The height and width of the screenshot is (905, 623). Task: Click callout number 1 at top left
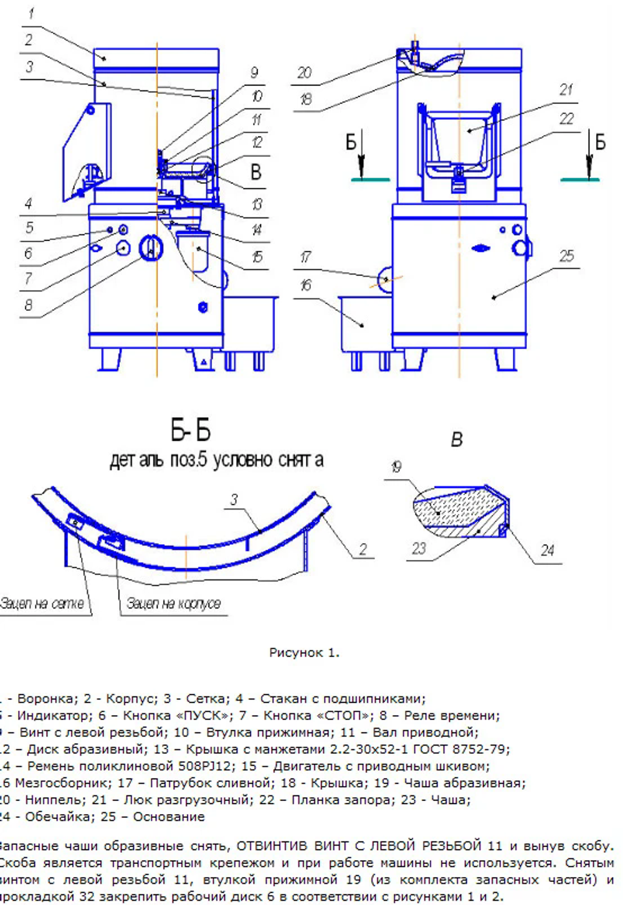pos(31,13)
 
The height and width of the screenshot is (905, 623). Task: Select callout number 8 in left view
pos(29,305)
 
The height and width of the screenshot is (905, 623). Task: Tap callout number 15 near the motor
pos(257,257)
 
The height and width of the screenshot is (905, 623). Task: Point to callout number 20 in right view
pos(304,73)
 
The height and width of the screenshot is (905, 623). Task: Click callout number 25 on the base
pos(566,255)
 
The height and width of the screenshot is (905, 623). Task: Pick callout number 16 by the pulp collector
pos(305,285)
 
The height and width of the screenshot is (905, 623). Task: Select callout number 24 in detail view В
pos(547,550)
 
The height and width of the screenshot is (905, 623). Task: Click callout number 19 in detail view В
pos(396,467)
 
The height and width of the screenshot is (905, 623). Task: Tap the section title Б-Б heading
pos(191,430)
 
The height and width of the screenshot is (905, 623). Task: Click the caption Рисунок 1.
pos(304,653)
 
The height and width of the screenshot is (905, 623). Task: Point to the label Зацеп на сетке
pos(42,604)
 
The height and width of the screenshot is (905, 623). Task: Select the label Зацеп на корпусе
pos(174,604)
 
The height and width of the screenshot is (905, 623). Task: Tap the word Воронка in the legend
pos(43,699)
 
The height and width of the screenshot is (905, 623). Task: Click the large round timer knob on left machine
pos(150,249)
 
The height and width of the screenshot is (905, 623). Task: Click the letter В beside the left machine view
pos(255,173)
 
